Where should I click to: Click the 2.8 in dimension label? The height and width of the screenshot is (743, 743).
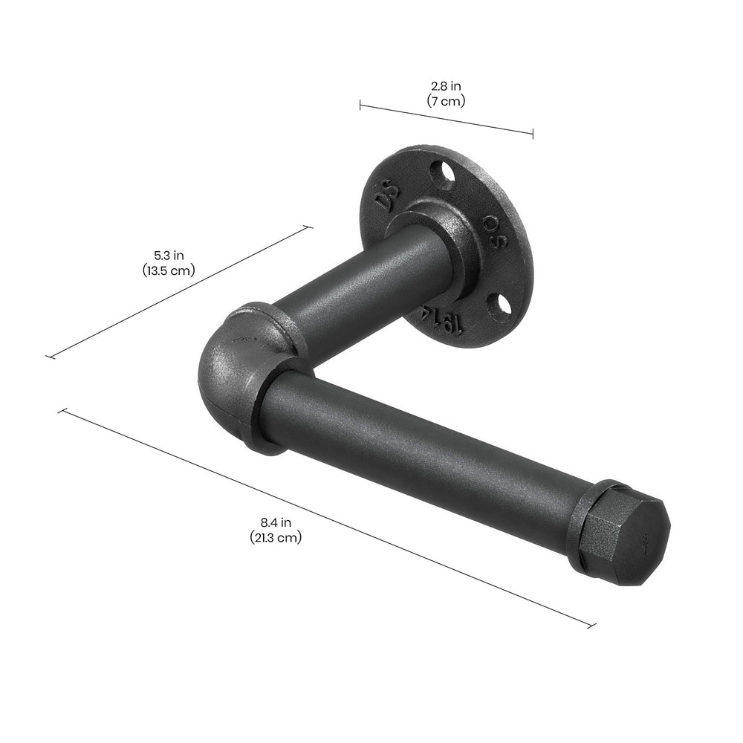pyautogui.click(x=446, y=87)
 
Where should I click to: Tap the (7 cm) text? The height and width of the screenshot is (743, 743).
pyautogui.click(x=446, y=101)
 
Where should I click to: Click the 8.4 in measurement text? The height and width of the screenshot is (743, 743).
pyautogui.click(x=276, y=523)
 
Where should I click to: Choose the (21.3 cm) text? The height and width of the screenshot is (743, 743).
pyautogui.click(x=276, y=537)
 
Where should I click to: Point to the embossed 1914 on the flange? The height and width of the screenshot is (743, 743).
pyautogui.click(x=444, y=317)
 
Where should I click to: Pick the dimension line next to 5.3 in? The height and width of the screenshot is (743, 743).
pyautogui.click(x=178, y=293)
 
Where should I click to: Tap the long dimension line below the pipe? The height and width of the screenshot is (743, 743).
pyautogui.click(x=327, y=518)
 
